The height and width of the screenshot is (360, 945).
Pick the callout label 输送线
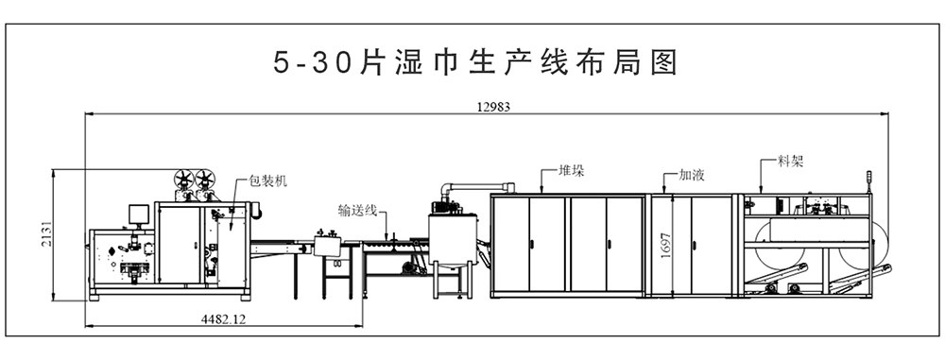tap(358, 211)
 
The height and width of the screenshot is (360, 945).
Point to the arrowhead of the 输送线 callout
tap(385, 233)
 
